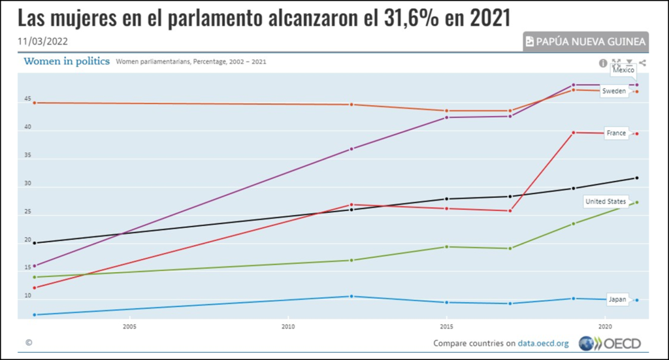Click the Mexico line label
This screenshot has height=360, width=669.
point(623,70)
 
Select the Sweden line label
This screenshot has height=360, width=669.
point(613,91)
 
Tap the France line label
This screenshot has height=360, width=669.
point(616,133)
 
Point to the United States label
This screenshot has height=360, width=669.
point(605,202)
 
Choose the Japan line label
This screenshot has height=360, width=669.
point(617,300)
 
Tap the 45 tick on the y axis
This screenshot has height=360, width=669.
point(28,99)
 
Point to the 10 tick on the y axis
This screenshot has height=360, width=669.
point(28,296)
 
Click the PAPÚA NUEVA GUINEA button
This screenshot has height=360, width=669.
point(586,42)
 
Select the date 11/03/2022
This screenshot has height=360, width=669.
point(42,41)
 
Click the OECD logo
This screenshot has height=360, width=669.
point(610,343)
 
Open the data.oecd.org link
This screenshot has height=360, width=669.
point(544,344)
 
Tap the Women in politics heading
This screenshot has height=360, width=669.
point(67,61)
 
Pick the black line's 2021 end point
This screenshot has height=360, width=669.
point(636,178)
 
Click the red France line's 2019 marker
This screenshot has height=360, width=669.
point(574,133)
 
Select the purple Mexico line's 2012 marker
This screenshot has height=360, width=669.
point(351,149)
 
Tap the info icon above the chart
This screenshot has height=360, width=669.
point(603,63)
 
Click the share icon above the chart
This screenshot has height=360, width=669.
point(643,63)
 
